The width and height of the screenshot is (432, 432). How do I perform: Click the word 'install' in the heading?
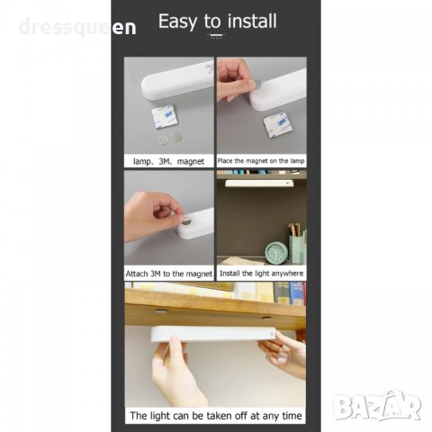pyautogui.click(x=252, y=21)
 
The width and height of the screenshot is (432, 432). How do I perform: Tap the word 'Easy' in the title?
pyautogui.click(x=177, y=22)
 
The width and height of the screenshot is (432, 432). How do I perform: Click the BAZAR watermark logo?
pyautogui.click(x=378, y=406)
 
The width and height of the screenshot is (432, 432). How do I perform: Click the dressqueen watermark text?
pyautogui.click(x=77, y=27)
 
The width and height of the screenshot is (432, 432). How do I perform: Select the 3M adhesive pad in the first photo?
pyautogui.click(x=164, y=116)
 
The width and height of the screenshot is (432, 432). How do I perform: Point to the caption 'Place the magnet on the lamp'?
pyautogui.click(x=261, y=161)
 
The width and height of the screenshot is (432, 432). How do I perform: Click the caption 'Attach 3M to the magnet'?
pyautogui.click(x=169, y=274)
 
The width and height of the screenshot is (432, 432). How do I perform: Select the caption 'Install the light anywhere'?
pyautogui.click(x=261, y=274)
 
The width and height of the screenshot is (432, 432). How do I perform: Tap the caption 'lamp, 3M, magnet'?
pyautogui.click(x=168, y=161)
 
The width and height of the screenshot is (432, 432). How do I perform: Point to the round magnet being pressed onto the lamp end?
pyautogui.click(x=186, y=221)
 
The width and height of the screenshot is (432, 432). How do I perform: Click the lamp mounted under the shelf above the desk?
pyautogui.click(x=259, y=184)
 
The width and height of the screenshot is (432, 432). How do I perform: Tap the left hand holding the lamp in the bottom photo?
pyautogui.click(x=177, y=371)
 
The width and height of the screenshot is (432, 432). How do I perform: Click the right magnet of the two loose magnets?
pyautogui.click(x=177, y=137)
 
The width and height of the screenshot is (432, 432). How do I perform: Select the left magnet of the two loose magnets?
pyautogui.click(x=164, y=139)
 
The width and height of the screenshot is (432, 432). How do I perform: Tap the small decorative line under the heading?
pyautogui.click(x=216, y=35)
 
